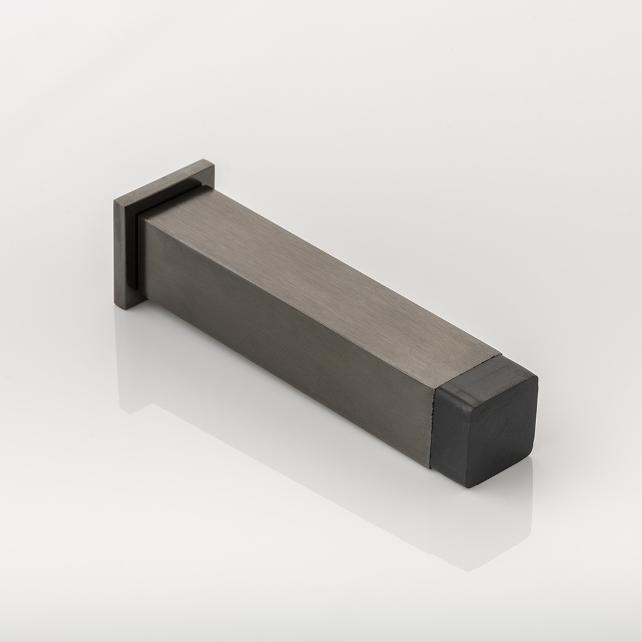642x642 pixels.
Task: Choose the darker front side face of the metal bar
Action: [289, 321]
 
